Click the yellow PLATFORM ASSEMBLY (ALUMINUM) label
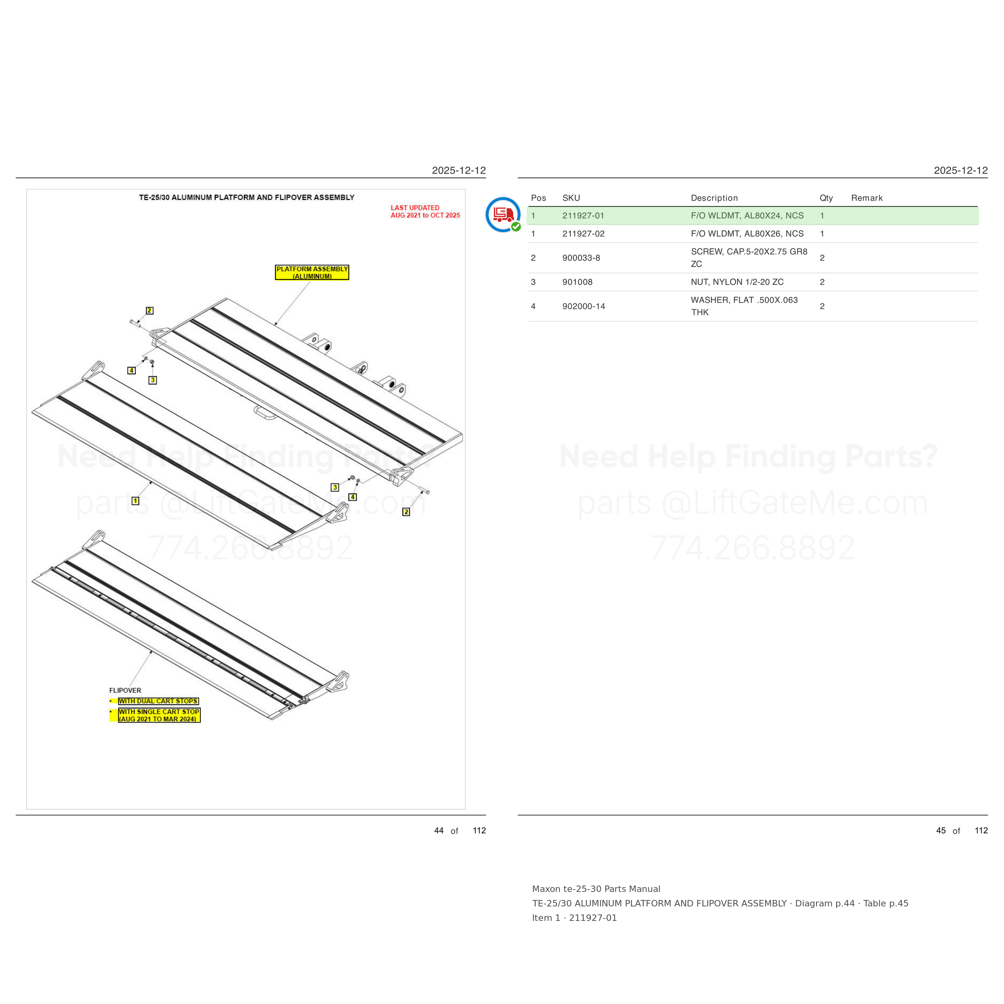click(312, 272)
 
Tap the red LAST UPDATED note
click(425, 212)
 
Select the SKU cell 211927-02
click(583, 234)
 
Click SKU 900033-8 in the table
click(581, 258)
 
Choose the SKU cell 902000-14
click(584, 306)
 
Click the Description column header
click(714, 198)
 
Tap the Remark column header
click(867, 198)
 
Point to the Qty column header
click(826, 198)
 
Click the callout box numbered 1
click(136, 501)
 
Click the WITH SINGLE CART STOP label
click(159, 715)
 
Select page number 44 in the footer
click(439, 831)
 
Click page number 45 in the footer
click(941, 831)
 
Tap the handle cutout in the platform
click(265, 412)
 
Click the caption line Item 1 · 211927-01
click(574, 918)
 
